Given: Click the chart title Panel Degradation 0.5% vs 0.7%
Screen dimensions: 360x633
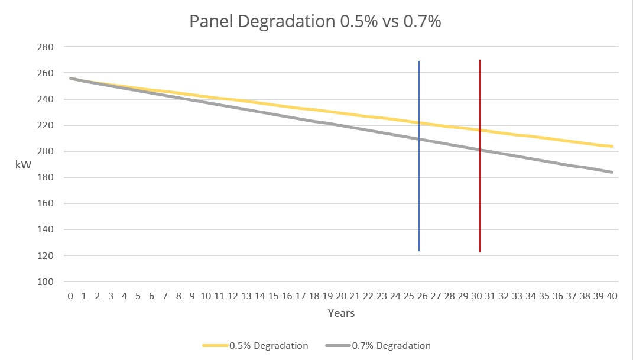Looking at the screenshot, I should [316, 21].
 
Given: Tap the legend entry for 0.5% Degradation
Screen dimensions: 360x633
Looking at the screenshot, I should [268, 345].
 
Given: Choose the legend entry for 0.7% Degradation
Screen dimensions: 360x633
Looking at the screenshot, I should [391, 345].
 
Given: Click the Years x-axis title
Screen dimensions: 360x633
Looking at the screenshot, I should [341, 313].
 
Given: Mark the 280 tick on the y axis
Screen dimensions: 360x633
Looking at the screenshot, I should [46, 47].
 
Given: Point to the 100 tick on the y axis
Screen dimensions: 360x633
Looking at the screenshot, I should [46, 281].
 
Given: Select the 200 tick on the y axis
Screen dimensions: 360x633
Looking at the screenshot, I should [46, 151].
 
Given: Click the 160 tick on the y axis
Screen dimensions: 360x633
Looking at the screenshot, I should [46, 203].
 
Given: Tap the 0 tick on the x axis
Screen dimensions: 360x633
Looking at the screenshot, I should [70, 296].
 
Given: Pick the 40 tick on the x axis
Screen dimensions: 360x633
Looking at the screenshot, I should [611, 296].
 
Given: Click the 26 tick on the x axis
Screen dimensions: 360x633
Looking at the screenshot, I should [422, 296].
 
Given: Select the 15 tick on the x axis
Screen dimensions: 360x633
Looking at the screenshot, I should [273, 296].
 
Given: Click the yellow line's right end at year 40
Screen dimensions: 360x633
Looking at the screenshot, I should [612, 146].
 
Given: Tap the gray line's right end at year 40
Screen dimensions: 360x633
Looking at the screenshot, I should [612, 172].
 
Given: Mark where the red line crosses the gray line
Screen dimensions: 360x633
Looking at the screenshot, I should [479, 150].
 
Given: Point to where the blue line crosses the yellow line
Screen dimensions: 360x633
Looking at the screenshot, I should [419, 122].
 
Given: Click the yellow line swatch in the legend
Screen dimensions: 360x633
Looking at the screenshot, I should [215, 345].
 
